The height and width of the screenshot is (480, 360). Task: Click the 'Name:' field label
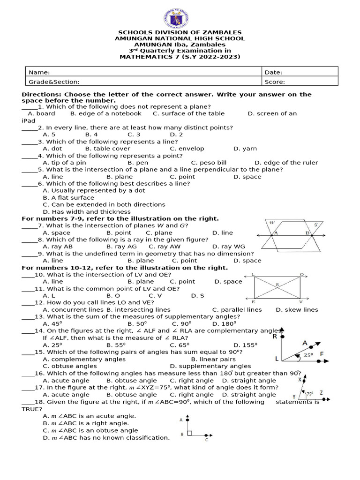pos(39,72)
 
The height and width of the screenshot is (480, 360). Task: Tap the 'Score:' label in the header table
pos(274,82)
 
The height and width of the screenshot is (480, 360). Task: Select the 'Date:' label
pos(273,72)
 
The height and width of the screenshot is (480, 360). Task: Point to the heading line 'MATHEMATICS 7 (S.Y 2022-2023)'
pos(180,57)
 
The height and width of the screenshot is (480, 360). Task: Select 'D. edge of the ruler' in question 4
pos(286,163)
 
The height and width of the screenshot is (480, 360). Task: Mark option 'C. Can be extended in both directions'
pos(104,204)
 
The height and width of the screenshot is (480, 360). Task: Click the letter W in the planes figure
pos(272,223)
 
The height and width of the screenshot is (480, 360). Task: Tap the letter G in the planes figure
pos(315,225)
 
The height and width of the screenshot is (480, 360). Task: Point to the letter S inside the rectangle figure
pos(277,285)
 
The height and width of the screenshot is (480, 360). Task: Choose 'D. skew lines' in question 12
pos(297,309)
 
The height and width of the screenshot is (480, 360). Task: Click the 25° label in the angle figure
pos(307,356)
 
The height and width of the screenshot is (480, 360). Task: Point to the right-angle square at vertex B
pos(189,433)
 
